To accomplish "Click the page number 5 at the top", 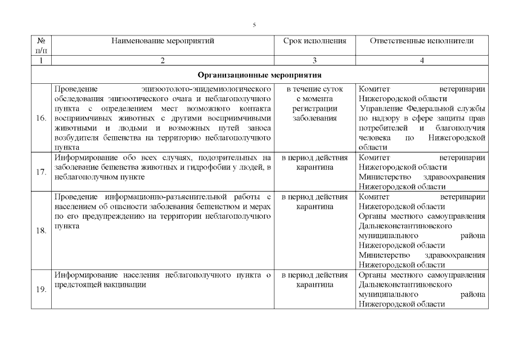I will (x=254, y=25).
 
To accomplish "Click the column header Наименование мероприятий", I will (x=163, y=41).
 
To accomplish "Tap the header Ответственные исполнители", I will (x=422, y=41).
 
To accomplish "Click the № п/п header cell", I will (x=40, y=46).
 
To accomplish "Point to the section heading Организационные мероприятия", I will (x=259, y=75).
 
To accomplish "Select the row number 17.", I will (x=40, y=172).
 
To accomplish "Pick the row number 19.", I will (x=40, y=290).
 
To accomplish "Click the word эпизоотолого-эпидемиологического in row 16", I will (x=208, y=89).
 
